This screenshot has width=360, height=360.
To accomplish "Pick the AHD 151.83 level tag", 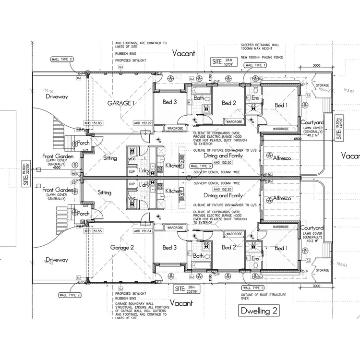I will (93, 123).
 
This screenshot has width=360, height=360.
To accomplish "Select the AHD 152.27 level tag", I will (143, 123).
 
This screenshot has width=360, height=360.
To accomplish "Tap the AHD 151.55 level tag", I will (93, 231).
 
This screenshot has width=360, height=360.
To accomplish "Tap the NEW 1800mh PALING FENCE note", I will (268, 58).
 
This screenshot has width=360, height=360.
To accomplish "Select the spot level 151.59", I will (48, 91).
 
